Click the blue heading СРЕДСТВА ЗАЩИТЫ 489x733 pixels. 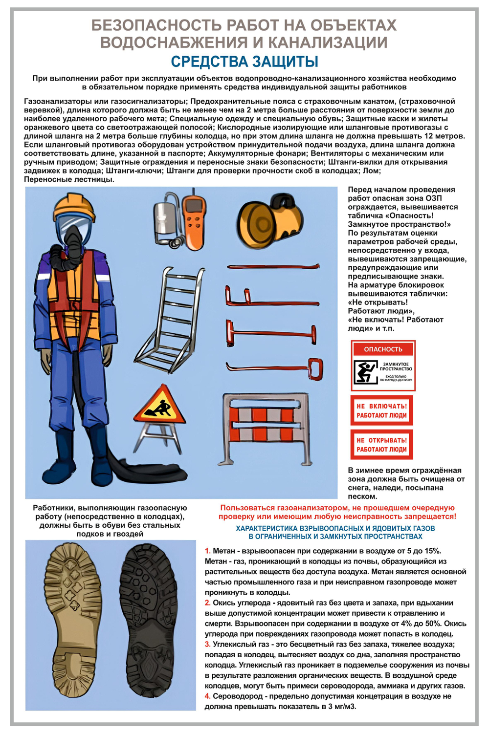pos(244,62)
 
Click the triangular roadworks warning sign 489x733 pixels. pos(159,406)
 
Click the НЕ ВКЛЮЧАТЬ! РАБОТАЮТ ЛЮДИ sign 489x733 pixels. pos(382,410)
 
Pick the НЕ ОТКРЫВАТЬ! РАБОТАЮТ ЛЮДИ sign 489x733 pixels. pos(382,445)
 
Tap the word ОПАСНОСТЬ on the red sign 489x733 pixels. pos(383,349)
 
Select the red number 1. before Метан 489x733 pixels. pos(208,551)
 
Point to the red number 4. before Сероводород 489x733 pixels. pos(208,696)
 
